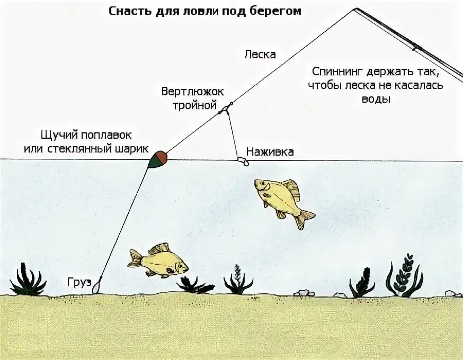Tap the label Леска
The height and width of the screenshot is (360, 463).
pos(260,55)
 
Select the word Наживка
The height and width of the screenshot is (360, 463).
pos(270,152)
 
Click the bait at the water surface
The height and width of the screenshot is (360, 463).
pos(243,160)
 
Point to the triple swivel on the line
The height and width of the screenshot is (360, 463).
pos(225,109)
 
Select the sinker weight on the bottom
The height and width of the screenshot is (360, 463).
pos(96,288)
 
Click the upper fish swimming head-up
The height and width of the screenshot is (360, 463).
pos(281,199)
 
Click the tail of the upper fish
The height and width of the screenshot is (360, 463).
pos(306,218)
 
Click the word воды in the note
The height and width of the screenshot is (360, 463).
pos(378,99)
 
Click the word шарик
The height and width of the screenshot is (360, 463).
pos(132,149)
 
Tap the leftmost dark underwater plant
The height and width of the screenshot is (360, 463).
pos(27,281)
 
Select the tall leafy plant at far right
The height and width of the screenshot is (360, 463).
pos(405,275)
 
